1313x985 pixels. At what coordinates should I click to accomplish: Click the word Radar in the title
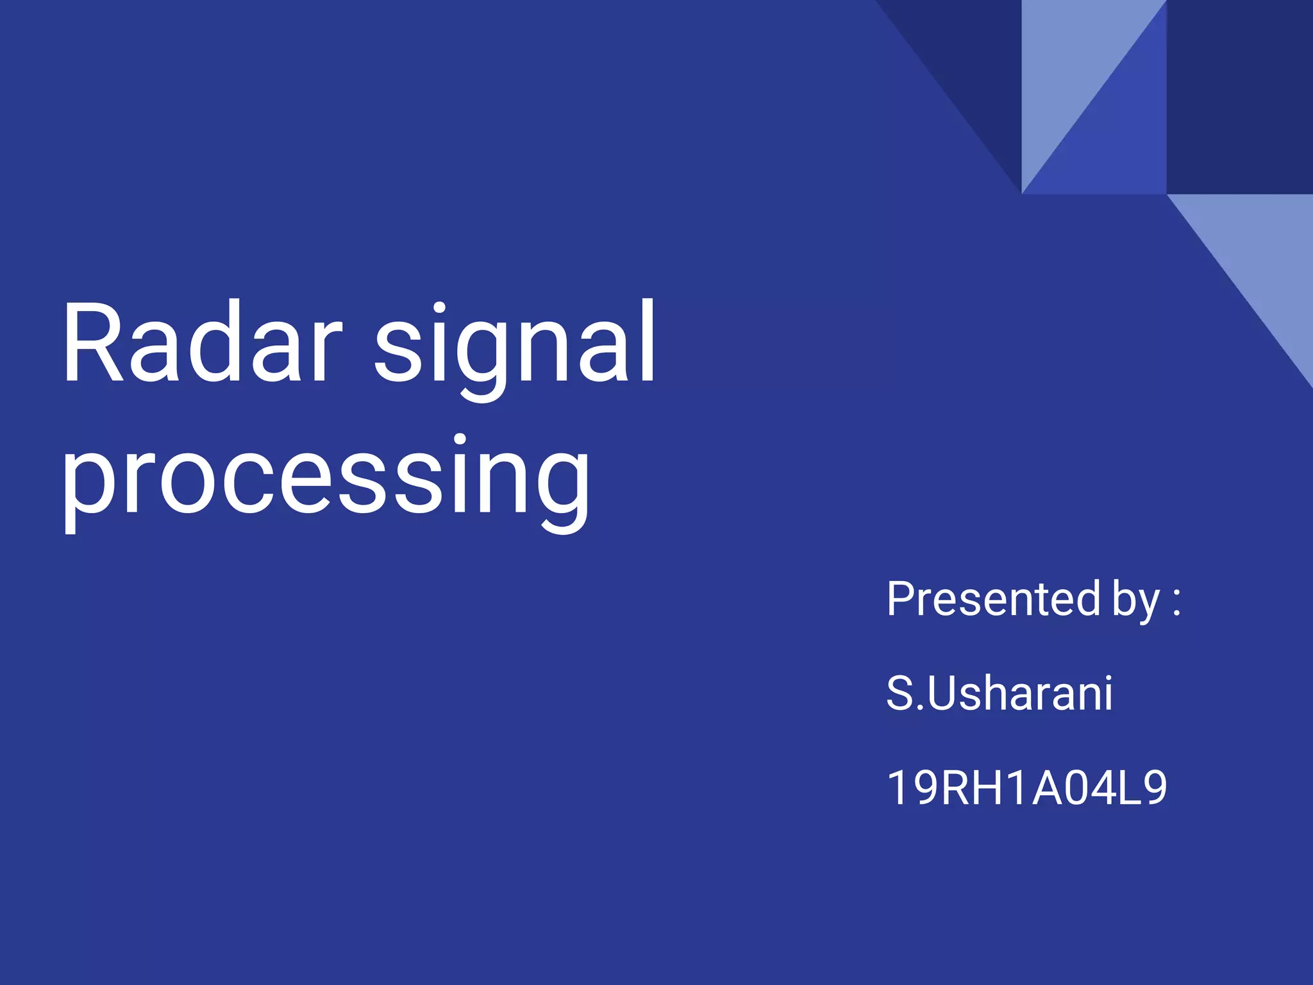tap(202, 343)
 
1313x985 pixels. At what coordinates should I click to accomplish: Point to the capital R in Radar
tap(92, 343)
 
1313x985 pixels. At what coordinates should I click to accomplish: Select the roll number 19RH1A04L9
tap(1026, 788)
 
